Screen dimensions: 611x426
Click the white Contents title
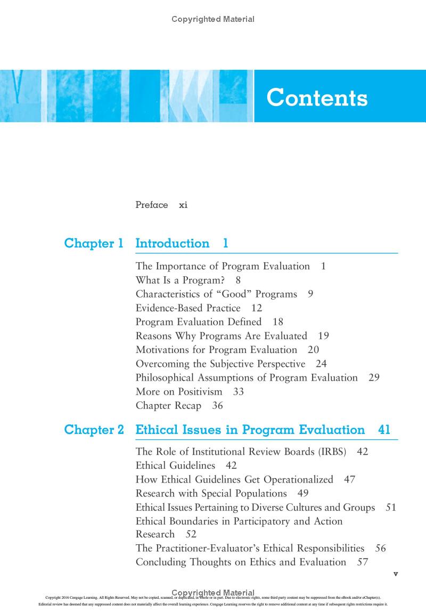point(317,98)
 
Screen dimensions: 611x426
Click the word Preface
point(152,205)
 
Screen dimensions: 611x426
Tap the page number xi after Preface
point(183,205)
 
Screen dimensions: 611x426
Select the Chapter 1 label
point(94,244)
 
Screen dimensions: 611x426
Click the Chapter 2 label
point(94,430)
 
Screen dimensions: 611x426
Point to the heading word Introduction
point(173,244)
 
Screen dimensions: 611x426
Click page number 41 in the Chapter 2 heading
point(384,430)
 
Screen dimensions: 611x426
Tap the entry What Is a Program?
point(179,280)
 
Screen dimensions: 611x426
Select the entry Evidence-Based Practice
point(188,308)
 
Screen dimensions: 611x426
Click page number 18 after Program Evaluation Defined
point(278,321)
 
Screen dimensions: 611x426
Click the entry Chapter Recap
point(168,405)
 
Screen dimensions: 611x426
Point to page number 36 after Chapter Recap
point(217,405)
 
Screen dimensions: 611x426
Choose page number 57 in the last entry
point(363,562)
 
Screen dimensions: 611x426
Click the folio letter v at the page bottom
point(395,574)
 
